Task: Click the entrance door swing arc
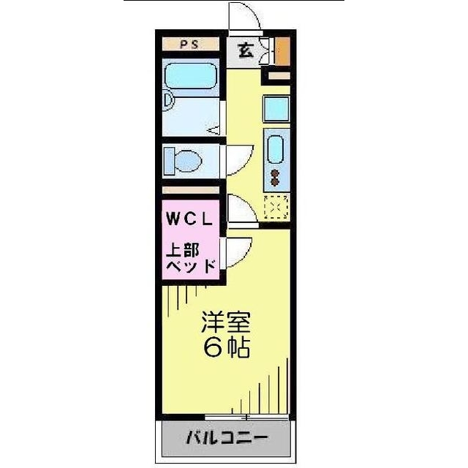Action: (241, 16)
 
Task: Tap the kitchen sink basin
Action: (276, 149)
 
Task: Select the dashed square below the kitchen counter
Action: (276, 208)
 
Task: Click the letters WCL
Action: (189, 218)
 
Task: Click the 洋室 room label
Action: (226, 322)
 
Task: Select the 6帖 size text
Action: (226, 347)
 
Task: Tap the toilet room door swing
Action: (238, 156)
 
